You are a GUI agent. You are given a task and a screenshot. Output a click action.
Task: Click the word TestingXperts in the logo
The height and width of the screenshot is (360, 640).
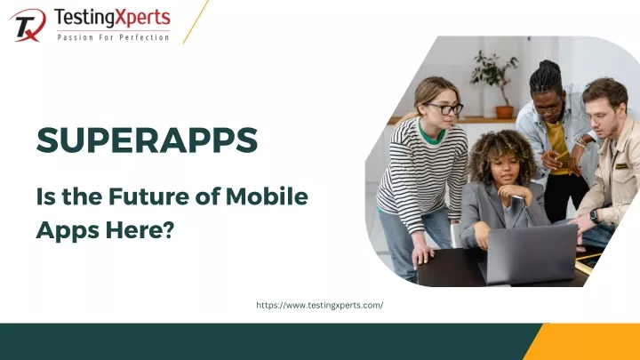111,17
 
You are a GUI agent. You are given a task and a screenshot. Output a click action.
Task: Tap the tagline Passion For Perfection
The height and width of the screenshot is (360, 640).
112,37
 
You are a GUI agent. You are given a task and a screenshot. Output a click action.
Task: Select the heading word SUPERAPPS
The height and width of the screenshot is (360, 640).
147,140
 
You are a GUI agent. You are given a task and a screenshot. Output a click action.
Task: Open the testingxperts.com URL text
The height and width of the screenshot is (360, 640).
319,305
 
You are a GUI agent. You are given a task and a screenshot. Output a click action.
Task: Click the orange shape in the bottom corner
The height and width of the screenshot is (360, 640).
587,342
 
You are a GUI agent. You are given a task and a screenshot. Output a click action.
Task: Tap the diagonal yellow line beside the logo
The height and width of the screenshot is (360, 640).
196,21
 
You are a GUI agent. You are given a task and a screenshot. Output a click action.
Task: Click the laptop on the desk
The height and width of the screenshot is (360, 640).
529,252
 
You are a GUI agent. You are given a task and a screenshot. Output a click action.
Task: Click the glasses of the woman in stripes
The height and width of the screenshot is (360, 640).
444,108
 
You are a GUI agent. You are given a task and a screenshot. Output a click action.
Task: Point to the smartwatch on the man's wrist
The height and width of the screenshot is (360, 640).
594,215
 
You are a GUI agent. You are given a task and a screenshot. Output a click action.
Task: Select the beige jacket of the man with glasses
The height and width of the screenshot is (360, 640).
619,173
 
